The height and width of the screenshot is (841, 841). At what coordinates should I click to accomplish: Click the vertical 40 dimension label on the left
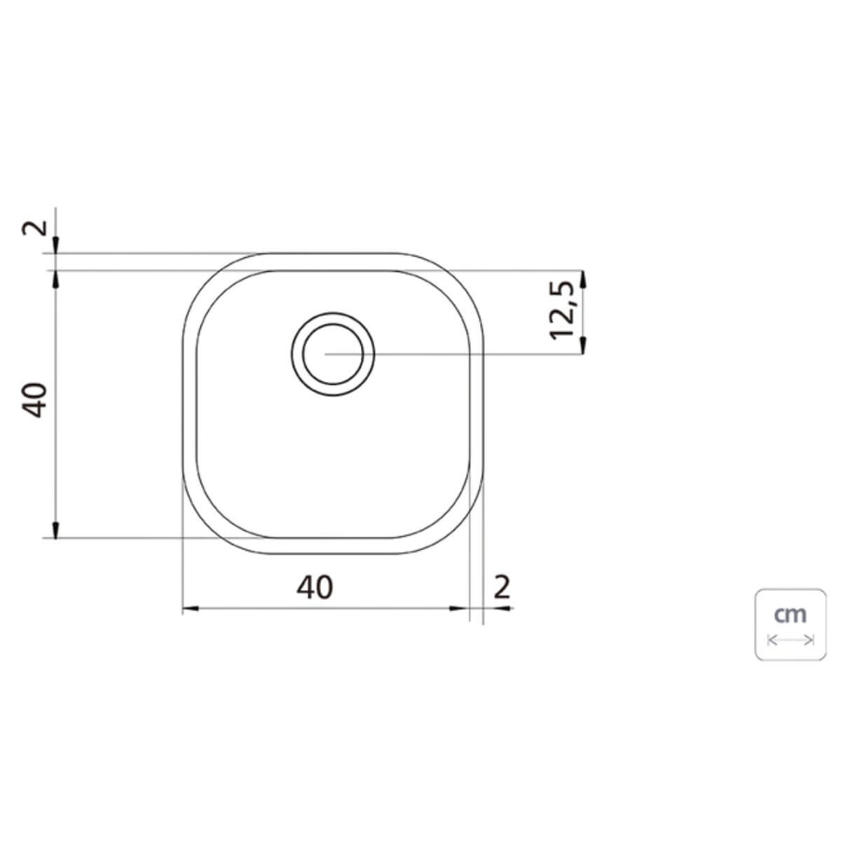(x=36, y=400)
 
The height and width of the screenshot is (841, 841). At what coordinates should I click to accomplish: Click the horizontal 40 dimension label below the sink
(x=315, y=587)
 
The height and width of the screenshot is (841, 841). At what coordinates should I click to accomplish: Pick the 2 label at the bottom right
(x=502, y=587)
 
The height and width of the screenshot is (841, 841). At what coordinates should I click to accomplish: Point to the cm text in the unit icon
(x=791, y=615)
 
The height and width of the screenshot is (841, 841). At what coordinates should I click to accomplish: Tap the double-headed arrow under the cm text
(x=791, y=640)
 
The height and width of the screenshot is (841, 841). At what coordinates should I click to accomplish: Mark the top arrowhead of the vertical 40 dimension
(x=55, y=278)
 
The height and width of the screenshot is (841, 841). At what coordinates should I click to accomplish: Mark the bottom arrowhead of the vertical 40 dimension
(x=55, y=529)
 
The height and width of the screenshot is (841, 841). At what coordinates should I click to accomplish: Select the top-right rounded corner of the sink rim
(x=460, y=277)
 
